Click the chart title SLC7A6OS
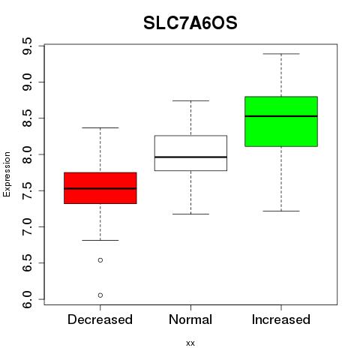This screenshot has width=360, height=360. [x=190, y=23]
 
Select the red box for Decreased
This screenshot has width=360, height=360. [x=100, y=188]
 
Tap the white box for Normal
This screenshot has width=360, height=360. [x=190, y=153]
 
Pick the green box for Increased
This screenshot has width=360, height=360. [x=281, y=121]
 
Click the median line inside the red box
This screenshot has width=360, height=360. [x=100, y=188]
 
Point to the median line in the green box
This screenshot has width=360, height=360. [x=281, y=116]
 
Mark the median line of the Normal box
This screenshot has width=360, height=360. [x=190, y=157]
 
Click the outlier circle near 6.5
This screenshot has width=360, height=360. [x=100, y=260]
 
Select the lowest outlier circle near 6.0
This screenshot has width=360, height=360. [x=100, y=295]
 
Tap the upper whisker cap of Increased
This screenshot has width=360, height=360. [x=281, y=54]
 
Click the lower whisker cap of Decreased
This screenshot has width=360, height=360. [x=100, y=240]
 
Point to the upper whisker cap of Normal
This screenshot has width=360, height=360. [x=190, y=100]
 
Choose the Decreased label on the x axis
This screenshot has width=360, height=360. [x=100, y=319]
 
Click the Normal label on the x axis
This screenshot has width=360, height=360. [x=190, y=319]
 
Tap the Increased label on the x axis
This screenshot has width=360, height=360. [x=281, y=319]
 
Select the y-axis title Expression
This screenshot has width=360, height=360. [x=7, y=174]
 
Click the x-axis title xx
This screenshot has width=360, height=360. [x=190, y=343]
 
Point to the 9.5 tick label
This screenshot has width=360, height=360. [x=27, y=46]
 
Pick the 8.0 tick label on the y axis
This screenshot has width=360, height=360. [x=27, y=154]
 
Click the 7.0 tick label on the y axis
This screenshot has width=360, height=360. [x=27, y=227]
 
